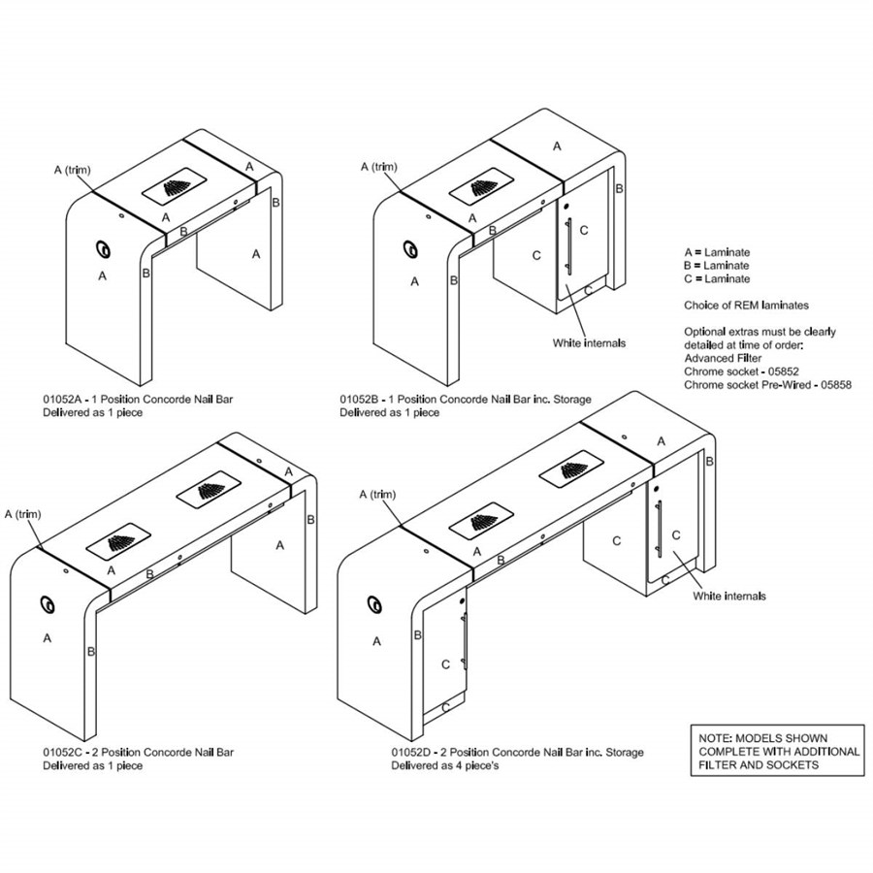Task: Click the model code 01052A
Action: point(62,400)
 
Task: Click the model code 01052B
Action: point(360,400)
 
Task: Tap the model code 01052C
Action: point(63,752)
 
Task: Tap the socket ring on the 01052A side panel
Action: point(103,249)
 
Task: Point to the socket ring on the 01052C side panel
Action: point(48,604)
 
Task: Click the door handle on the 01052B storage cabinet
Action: point(568,245)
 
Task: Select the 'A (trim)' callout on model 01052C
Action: point(23,514)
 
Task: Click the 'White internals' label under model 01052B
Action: point(589,343)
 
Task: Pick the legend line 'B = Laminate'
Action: point(717,266)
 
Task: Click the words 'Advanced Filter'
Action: point(723,358)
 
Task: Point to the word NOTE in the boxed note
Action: point(715,738)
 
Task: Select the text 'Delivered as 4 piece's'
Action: point(445,765)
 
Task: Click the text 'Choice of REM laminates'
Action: point(746,306)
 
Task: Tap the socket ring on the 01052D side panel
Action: point(375,603)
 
